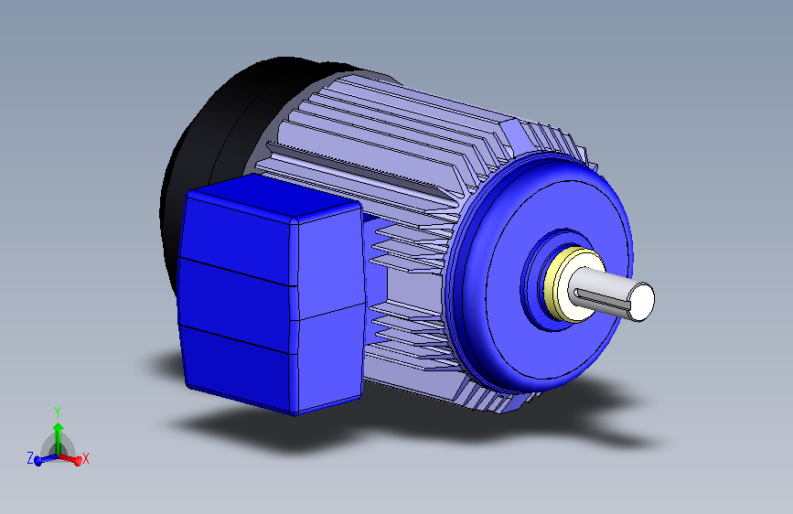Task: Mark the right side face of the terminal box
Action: click(331, 311)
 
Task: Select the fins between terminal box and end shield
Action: click(412, 293)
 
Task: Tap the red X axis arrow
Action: click(74, 456)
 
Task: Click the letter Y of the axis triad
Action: click(58, 412)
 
